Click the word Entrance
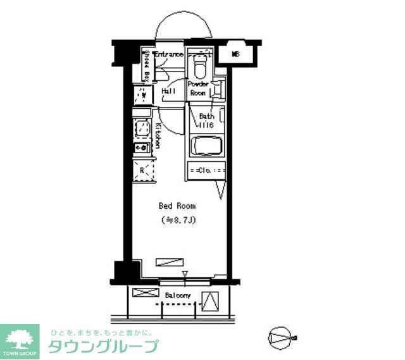pos(168,55)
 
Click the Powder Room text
pos(201,88)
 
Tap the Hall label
pos(168,91)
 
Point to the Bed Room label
pos(177,206)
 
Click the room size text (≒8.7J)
pos(178,220)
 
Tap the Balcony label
pos(178,295)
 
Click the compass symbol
pos(281,337)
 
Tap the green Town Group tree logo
pos(20,340)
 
